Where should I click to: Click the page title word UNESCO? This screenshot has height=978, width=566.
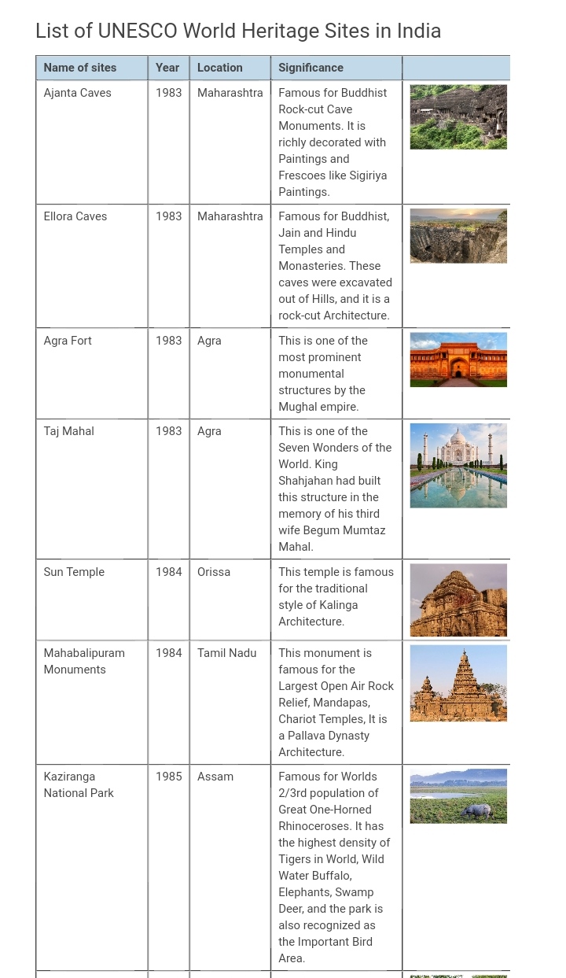pyautogui.click(x=138, y=31)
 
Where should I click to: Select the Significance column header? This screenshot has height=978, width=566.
pyautogui.click(x=311, y=68)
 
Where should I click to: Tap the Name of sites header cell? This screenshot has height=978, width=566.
pyautogui.click(x=80, y=68)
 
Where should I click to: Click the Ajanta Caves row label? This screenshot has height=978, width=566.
pyautogui.click(x=77, y=93)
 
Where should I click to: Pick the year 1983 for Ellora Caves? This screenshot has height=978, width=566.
pyautogui.click(x=168, y=216)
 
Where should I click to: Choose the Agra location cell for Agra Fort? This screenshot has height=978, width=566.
pyautogui.click(x=209, y=341)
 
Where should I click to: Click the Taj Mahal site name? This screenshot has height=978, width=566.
pyautogui.click(x=68, y=431)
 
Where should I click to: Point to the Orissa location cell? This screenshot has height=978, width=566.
pyautogui.click(x=214, y=572)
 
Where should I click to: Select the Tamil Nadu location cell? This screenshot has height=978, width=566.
pyautogui.click(x=226, y=653)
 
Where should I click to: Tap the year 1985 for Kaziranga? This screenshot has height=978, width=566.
pyautogui.click(x=168, y=777)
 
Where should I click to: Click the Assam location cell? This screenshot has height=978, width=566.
pyautogui.click(x=215, y=777)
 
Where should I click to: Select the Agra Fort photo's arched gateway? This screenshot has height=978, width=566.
pyautogui.click(x=458, y=367)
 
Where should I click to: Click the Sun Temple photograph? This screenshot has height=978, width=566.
pyautogui.click(x=458, y=600)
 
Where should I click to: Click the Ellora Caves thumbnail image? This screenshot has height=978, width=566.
pyautogui.click(x=458, y=236)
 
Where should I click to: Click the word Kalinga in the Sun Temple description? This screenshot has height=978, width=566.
pyautogui.click(x=338, y=605)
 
